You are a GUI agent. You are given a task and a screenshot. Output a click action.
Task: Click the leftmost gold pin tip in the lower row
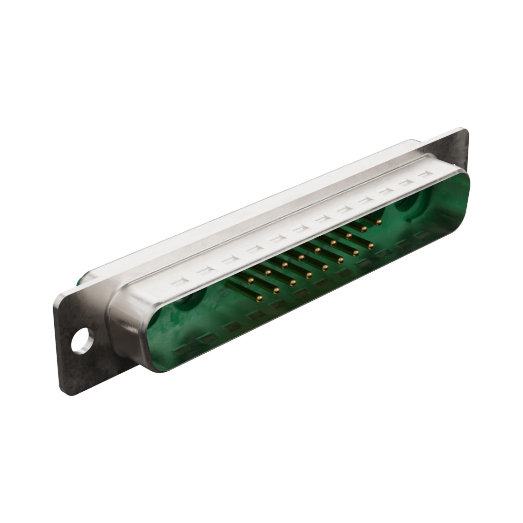point(260,297)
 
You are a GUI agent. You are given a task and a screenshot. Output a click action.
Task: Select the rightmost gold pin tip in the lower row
point(370,246)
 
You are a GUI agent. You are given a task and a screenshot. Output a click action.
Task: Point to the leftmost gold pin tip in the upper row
point(251,280)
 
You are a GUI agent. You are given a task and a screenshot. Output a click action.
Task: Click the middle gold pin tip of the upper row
point(316,250)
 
